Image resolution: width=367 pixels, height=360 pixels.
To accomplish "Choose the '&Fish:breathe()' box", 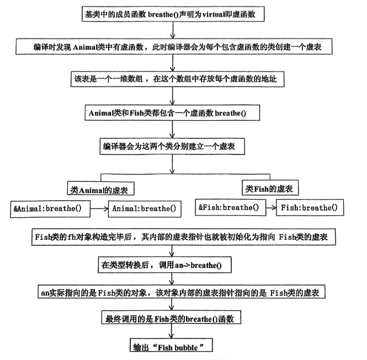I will point(228,208).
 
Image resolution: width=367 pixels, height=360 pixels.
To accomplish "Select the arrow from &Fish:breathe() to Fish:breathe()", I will point(268,208).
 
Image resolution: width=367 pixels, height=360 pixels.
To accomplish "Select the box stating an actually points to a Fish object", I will point(174,292).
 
